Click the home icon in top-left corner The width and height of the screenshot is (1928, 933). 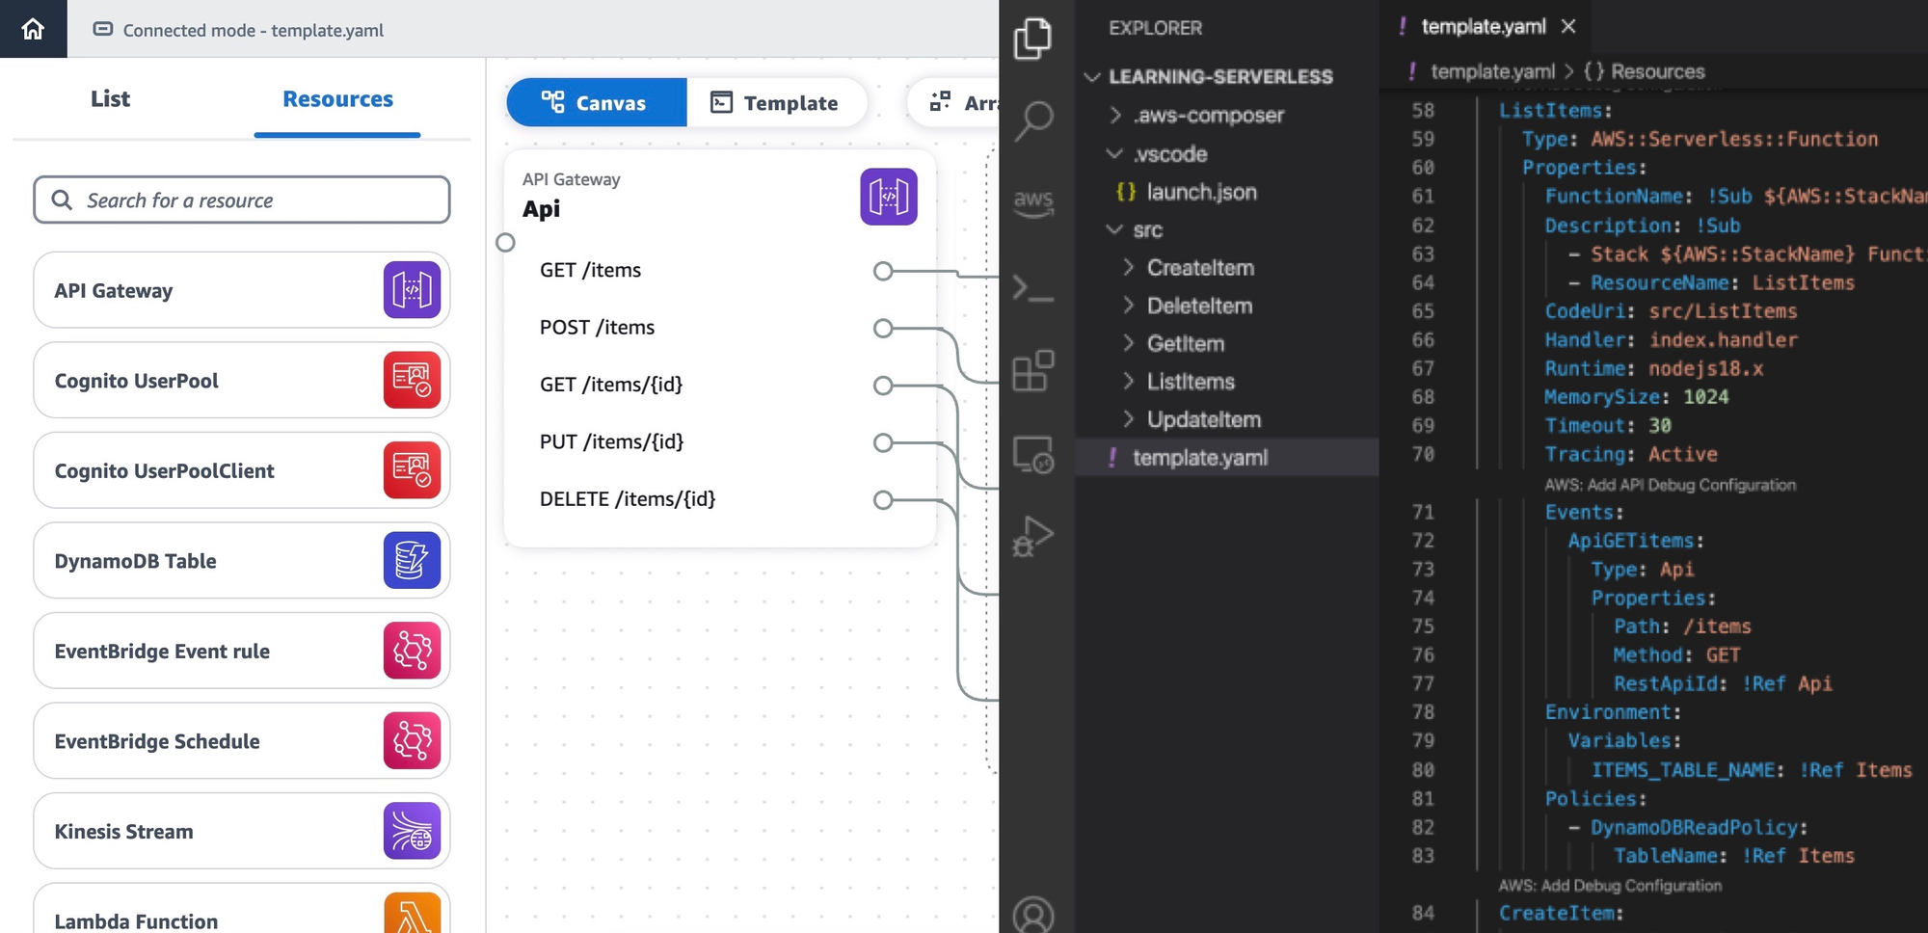pos(33,29)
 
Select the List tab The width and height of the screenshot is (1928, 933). pos(110,98)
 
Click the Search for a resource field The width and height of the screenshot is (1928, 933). pos(241,200)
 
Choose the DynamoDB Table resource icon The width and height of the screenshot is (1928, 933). pos(412,560)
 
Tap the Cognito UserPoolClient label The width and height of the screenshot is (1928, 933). pos(164,470)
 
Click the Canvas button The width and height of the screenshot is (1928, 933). pos(596,102)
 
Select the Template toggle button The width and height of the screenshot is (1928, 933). pos(775,102)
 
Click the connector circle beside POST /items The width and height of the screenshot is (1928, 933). pos(882,328)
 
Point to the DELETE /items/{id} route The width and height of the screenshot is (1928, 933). pos(628,498)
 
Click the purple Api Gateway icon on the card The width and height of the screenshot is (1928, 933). pos(888,197)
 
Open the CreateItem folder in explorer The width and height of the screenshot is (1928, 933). pos(1199,267)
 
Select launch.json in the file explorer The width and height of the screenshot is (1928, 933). pos(1200,192)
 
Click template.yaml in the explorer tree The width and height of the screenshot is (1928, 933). pos(1199,457)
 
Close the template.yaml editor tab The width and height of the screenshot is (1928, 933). pos(1568,26)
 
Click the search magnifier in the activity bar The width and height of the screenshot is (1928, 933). pos(1033,120)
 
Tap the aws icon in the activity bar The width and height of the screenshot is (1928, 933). pos(1033,201)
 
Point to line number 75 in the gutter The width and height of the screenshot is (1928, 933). pos(1423,626)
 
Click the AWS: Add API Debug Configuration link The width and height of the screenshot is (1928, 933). pos(1670,484)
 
